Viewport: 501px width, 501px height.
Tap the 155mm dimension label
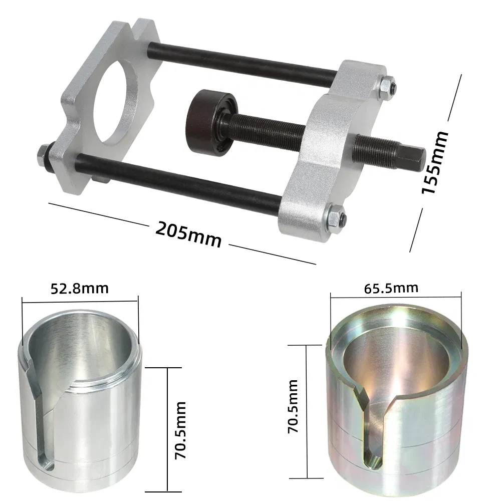pyautogui.click(x=435, y=162)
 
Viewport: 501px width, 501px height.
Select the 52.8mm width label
pyautogui.click(x=80, y=289)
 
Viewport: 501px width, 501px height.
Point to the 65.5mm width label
pyautogui.click(x=391, y=288)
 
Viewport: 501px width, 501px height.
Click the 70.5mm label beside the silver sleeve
pyautogui.click(x=180, y=430)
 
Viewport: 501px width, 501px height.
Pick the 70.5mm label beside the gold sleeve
pyautogui.click(x=293, y=406)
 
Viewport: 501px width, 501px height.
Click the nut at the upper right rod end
pyautogui.click(x=388, y=87)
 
